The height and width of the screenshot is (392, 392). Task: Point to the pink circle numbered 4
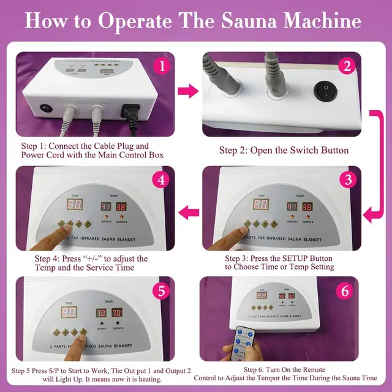160,181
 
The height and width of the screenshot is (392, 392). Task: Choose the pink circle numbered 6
345,290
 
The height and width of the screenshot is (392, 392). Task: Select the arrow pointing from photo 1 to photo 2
187,92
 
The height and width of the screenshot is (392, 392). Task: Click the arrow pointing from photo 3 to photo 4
187,212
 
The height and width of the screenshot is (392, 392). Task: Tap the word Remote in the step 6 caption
326,370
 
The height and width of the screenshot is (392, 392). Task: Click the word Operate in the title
134,21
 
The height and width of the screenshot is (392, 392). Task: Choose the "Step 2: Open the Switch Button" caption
284,150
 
